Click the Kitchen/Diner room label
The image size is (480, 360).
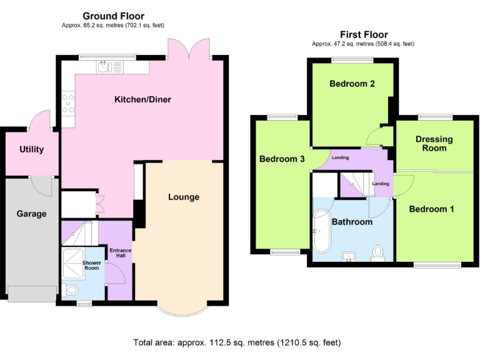[x=142, y=99]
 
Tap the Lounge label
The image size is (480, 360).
[x=184, y=197]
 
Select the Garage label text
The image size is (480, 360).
[x=31, y=214]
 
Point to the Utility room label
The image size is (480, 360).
[x=31, y=149]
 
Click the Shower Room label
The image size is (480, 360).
[x=92, y=266]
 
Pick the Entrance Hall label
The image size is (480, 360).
[x=121, y=253]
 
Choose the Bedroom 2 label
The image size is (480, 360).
[x=352, y=84]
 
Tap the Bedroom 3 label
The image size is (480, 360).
[x=282, y=159]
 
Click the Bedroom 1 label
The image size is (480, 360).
[x=431, y=209]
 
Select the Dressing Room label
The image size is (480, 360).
[x=434, y=144]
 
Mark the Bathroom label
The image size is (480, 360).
[x=352, y=222]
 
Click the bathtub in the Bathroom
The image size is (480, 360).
[x=321, y=229]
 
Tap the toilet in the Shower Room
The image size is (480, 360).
[x=71, y=291]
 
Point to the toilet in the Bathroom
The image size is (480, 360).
[x=377, y=252]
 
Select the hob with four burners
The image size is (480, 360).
[x=67, y=104]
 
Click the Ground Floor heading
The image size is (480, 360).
[x=114, y=16]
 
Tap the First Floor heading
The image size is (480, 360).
[x=364, y=35]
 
